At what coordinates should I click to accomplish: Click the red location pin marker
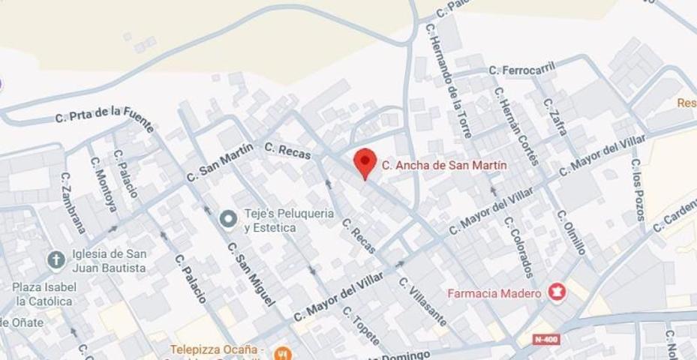(x=365, y=162)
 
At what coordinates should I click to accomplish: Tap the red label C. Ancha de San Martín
(x=444, y=165)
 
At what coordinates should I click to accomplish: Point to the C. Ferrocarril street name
(x=522, y=69)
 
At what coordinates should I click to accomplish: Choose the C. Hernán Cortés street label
(x=516, y=125)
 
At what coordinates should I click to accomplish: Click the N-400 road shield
(x=546, y=340)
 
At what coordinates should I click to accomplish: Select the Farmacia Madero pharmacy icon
(x=556, y=292)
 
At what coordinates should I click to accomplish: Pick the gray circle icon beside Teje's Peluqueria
(x=228, y=219)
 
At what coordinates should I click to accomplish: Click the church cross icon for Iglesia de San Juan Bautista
(x=56, y=260)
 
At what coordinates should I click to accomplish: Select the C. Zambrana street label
(x=74, y=202)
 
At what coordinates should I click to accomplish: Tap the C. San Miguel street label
(x=250, y=274)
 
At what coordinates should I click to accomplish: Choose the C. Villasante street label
(x=423, y=302)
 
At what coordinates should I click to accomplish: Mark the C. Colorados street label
(x=519, y=247)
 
